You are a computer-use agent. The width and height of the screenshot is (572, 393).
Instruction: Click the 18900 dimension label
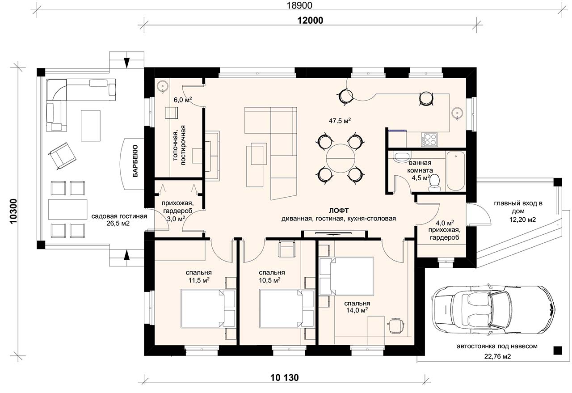tap(299, 5)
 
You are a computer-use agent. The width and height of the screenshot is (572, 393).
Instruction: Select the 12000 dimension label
tap(310, 21)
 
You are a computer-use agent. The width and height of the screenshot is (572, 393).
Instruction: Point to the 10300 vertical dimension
tap(13, 211)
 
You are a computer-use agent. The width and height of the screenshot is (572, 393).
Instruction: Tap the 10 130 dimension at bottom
tap(284, 377)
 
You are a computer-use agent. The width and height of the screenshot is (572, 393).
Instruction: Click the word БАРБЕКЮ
tap(135, 161)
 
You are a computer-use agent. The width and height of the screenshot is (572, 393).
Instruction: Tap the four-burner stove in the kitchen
tap(429, 139)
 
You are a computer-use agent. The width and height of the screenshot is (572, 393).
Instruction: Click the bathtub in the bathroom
tap(455, 171)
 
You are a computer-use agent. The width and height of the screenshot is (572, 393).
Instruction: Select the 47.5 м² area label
tap(340, 121)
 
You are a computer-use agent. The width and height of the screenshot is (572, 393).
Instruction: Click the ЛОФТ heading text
tap(339, 211)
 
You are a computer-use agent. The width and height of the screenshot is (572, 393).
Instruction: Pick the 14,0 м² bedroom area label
tap(357, 310)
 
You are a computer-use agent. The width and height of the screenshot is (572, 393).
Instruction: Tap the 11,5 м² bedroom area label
tap(199, 280)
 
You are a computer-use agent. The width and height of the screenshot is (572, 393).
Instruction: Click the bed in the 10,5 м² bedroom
tap(286, 308)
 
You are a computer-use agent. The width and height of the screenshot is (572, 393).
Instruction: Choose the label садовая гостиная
tap(119, 216)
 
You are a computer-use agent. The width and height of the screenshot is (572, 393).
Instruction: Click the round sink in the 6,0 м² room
tap(162, 86)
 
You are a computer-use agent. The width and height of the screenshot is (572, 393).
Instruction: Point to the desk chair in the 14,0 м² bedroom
tap(396, 326)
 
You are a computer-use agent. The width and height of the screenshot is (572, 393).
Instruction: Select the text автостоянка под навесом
tap(497, 346)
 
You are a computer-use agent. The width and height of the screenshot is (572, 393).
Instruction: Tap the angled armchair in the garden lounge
tap(63, 156)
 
